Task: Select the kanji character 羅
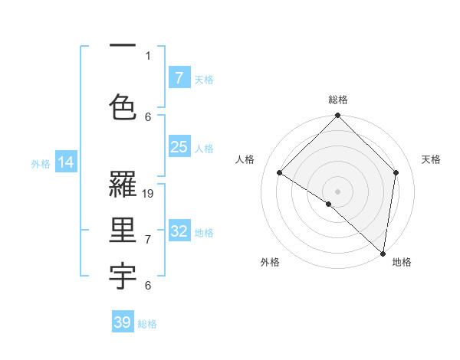point(123,184)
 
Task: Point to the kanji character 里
point(123,230)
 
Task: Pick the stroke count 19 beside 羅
point(149,194)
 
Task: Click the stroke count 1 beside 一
point(148,55)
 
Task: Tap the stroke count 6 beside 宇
point(148,286)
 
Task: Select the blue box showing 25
point(179,148)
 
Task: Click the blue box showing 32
point(179,231)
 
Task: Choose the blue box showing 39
point(123,322)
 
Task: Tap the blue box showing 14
point(66,162)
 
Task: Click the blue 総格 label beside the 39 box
point(147,324)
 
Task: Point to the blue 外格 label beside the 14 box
point(41,163)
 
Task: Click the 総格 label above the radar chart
point(338,100)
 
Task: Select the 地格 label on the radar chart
point(402,263)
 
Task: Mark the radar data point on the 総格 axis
point(338,116)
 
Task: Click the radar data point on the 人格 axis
point(280,173)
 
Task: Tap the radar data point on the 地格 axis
point(383,254)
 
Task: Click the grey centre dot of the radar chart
point(338,191)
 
